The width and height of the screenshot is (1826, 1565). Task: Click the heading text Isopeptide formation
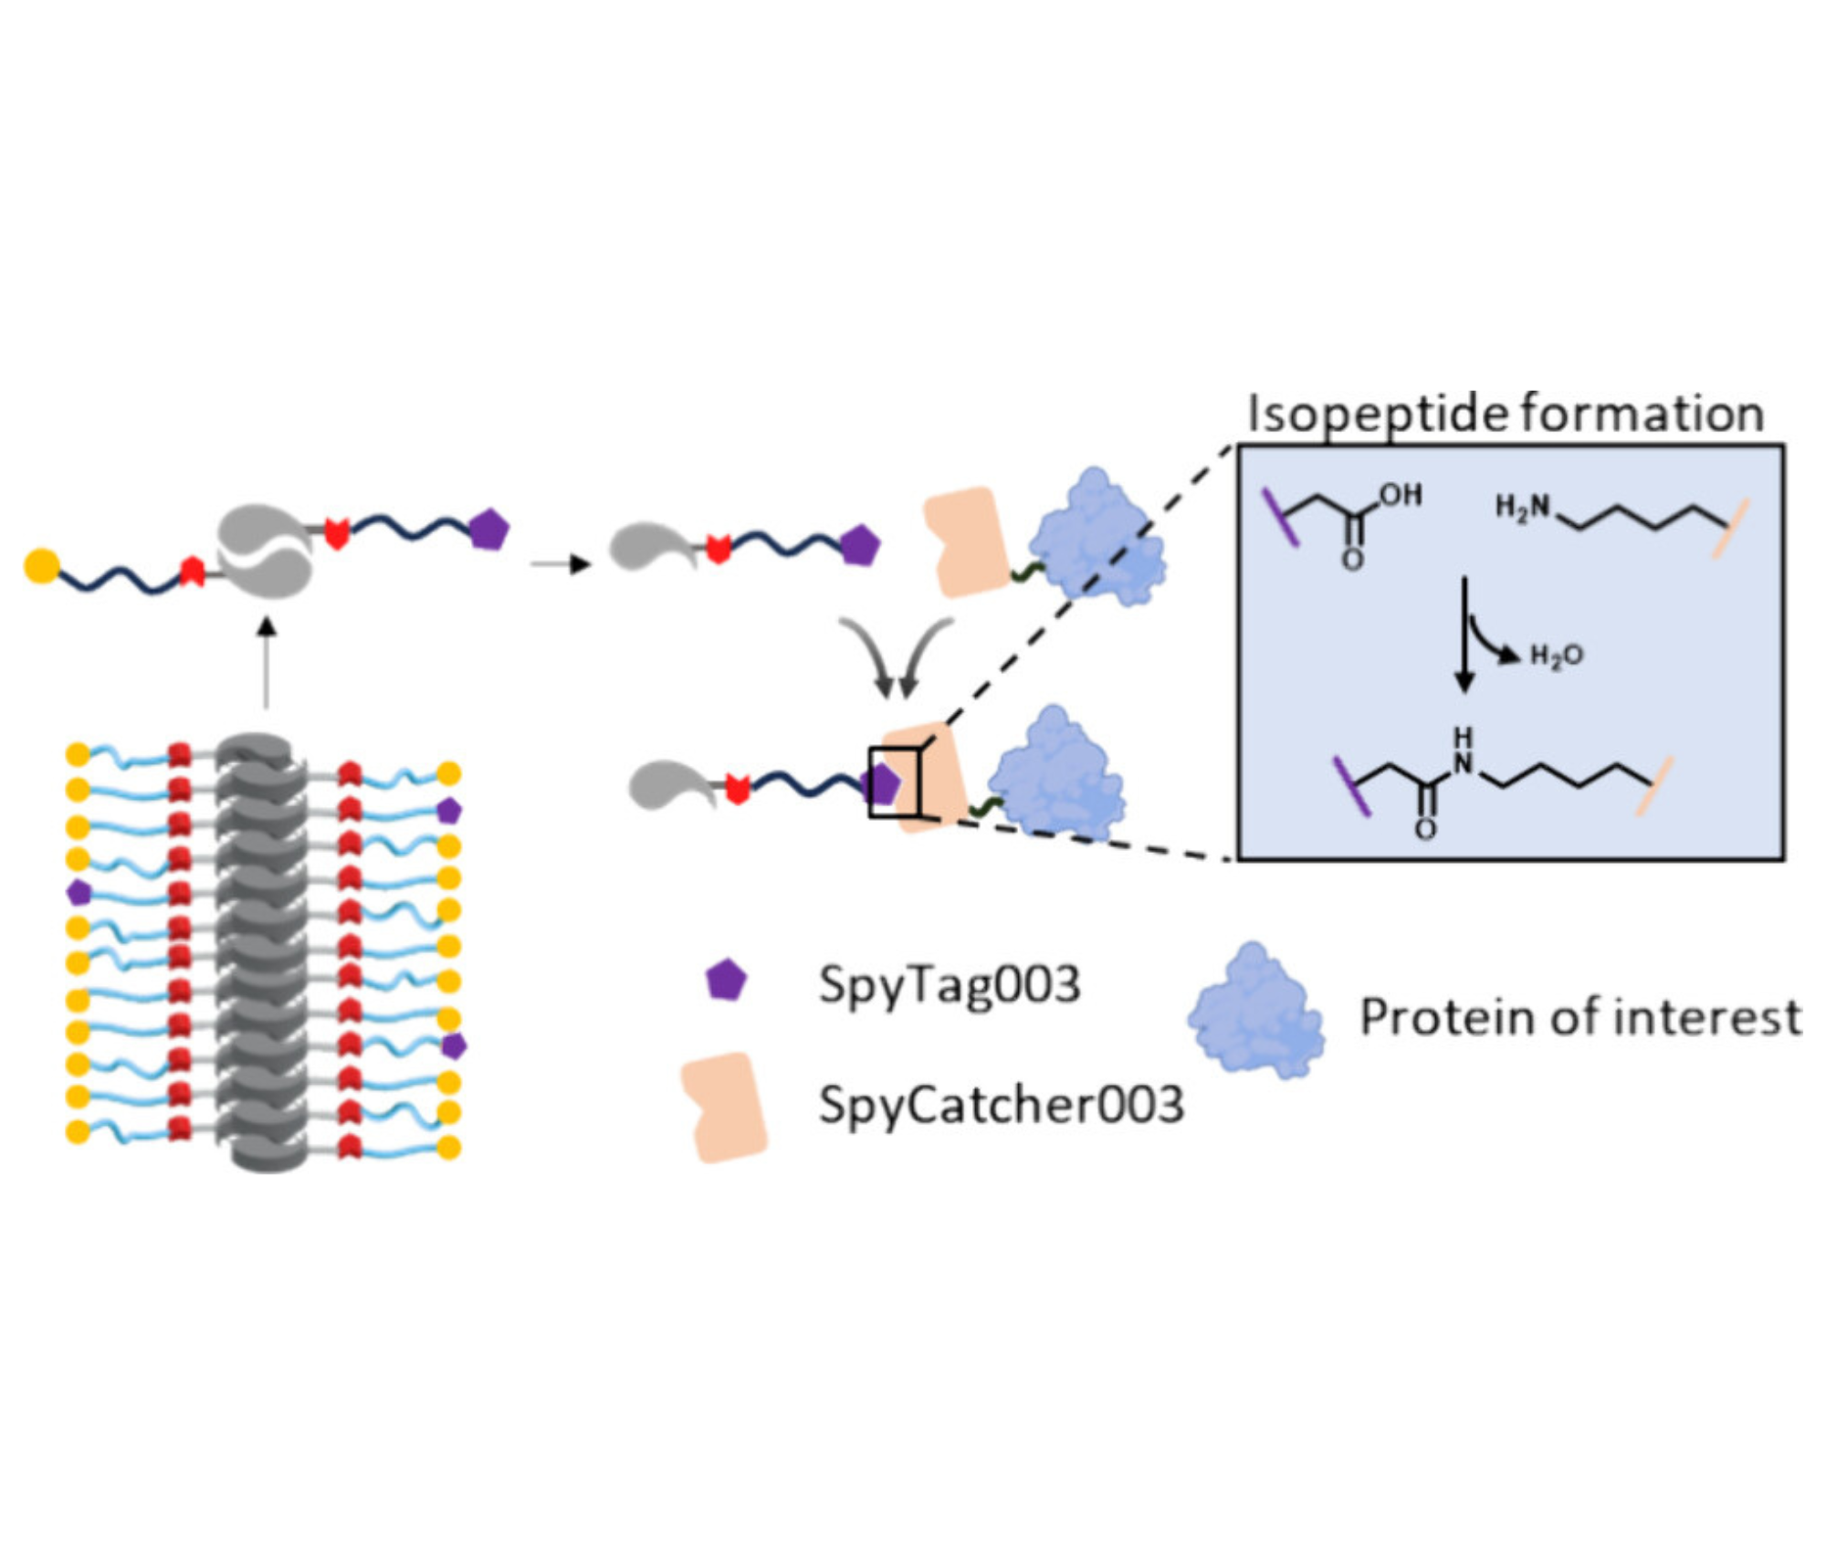1505,414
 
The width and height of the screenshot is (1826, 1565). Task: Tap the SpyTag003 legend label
949,985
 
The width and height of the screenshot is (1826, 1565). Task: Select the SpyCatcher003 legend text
1001,1105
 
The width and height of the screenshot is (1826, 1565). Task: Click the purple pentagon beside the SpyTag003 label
727,980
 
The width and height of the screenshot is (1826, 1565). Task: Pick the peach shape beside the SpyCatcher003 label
725,1107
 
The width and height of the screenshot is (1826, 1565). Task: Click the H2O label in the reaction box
1556,655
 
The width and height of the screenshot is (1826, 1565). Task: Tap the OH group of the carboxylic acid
1401,495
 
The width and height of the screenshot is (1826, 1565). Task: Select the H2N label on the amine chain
1522,506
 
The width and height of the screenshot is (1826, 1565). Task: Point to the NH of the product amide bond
1463,751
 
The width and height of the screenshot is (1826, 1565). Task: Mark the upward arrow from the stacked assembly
266,663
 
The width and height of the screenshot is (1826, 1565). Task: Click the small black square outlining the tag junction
896,782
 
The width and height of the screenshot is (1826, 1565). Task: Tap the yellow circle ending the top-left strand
41,565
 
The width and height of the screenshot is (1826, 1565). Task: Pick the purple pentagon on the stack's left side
79,892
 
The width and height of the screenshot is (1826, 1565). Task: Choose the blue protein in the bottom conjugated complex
1056,773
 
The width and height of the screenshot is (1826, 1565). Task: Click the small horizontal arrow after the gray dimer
561,563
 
